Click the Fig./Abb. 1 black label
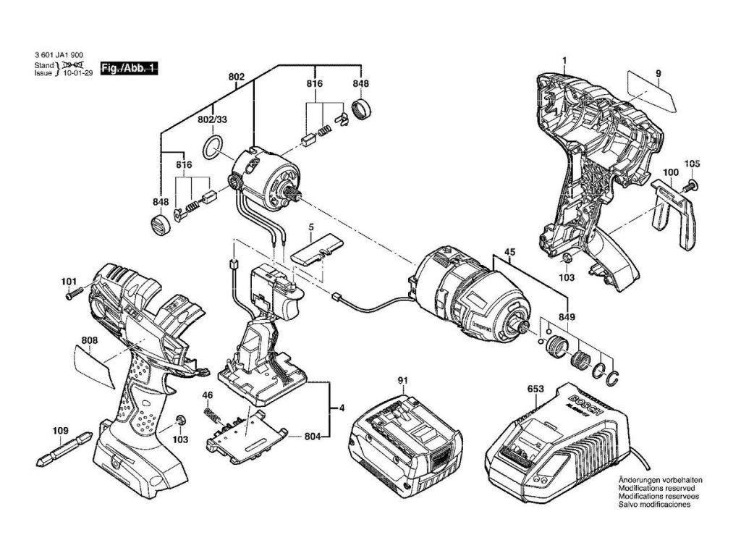click(129, 68)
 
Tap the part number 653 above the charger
click(535, 389)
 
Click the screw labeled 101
click(71, 294)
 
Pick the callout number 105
click(693, 164)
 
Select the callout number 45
click(509, 253)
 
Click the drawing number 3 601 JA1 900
click(59, 55)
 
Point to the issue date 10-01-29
click(78, 72)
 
